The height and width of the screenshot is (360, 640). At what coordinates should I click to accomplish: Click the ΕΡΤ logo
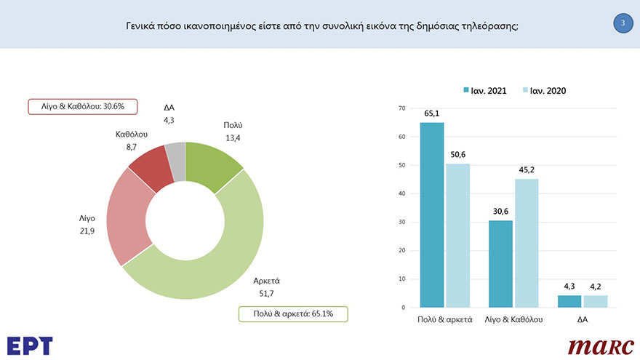tap(30, 345)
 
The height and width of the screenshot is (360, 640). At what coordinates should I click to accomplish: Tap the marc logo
tap(601, 346)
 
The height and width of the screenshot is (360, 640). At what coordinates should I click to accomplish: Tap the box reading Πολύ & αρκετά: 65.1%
tap(294, 314)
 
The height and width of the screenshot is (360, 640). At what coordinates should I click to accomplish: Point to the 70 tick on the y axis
tap(401, 109)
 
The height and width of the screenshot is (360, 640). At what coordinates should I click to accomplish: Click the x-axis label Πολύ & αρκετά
tap(445, 319)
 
